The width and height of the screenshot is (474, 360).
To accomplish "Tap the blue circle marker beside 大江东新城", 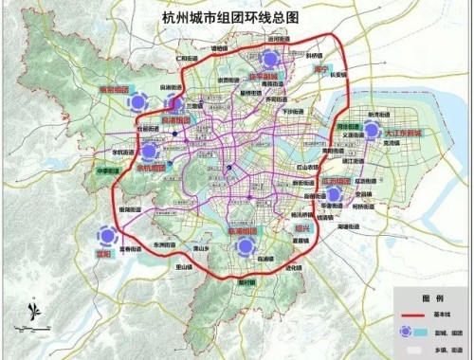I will coord(373,130).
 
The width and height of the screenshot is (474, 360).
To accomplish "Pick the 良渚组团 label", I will coord(177,121).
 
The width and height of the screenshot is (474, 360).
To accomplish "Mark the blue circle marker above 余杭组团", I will coord(149,151).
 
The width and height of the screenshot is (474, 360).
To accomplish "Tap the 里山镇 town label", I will coord(181,267).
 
